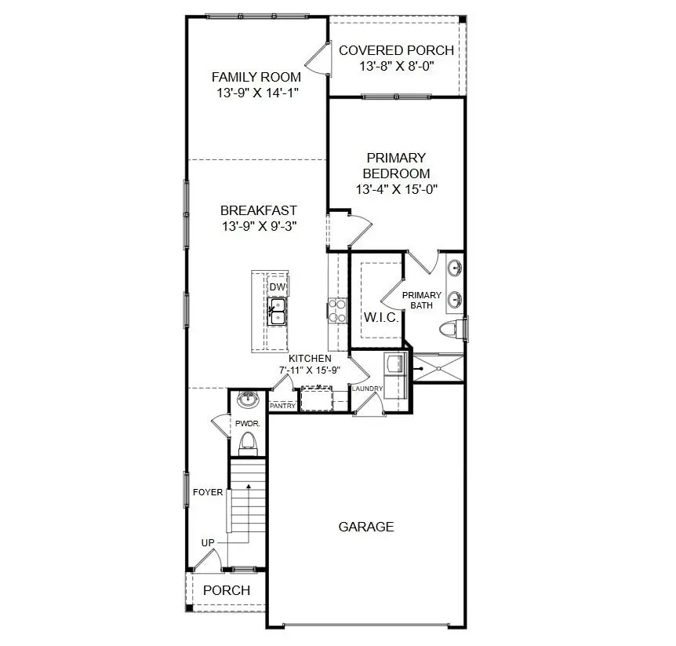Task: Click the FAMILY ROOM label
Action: click(x=256, y=77)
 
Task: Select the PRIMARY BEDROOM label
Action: click(x=396, y=166)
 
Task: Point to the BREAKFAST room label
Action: click(x=258, y=210)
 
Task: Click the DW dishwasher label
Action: click(x=277, y=287)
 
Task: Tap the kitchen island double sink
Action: click(x=277, y=312)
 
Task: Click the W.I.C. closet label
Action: click(x=380, y=318)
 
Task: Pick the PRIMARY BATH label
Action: click(x=422, y=300)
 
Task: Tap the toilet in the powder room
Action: click(x=249, y=443)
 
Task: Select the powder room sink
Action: click(x=249, y=400)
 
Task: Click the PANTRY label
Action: click(x=282, y=406)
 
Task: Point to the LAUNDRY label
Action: click(x=367, y=389)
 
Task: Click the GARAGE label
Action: click(x=365, y=527)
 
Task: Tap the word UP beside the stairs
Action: click(x=209, y=543)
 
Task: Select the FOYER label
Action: click(x=208, y=492)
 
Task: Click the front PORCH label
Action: click(x=226, y=590)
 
